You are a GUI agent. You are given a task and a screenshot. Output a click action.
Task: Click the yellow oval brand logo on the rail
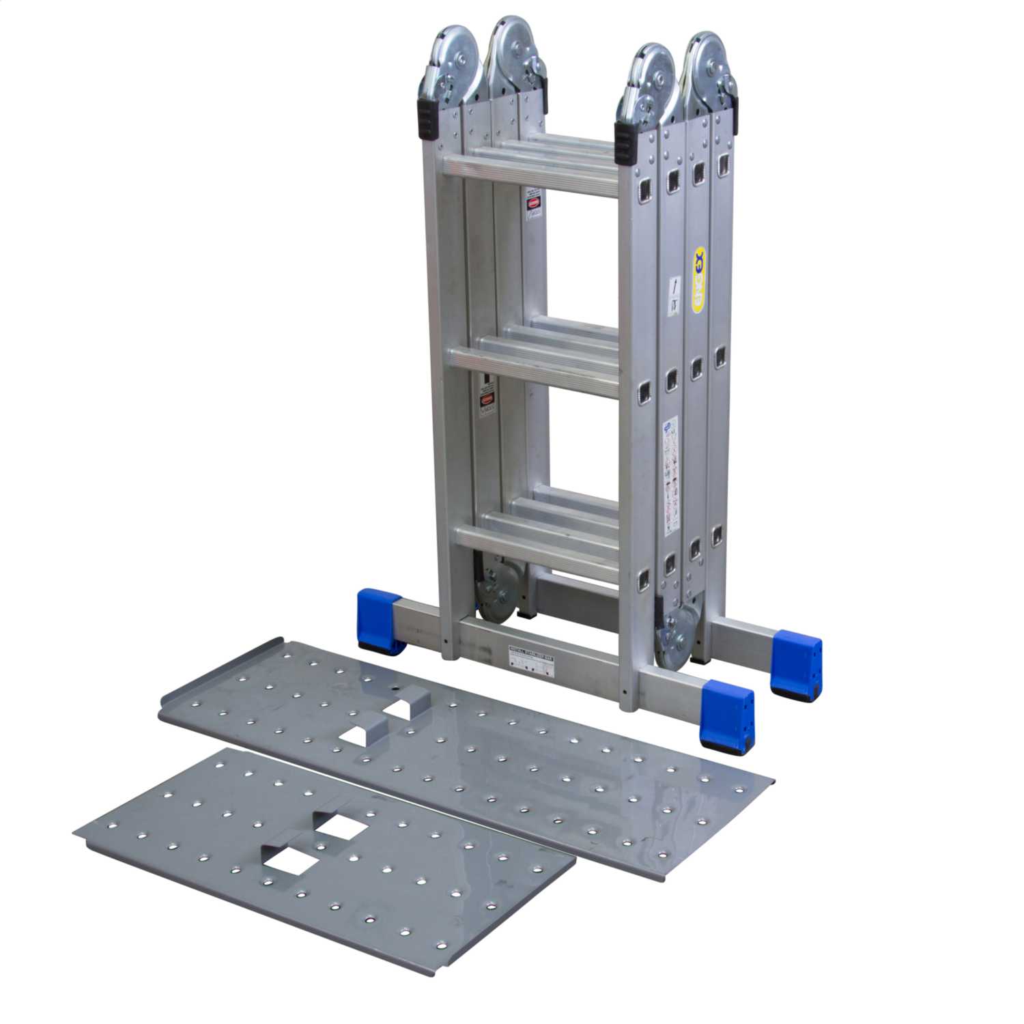coord(698,280)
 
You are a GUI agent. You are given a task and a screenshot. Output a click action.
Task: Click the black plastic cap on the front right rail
coord(625,143)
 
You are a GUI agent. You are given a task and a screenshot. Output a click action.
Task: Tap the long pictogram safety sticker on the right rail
coord(670,471)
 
